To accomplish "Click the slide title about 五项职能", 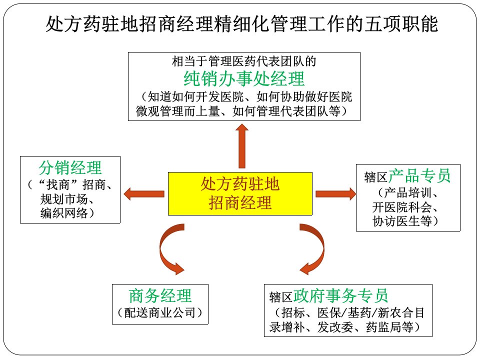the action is pos(242,24).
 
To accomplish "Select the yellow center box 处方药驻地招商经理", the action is pos(240,194).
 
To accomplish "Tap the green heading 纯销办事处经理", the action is pos(244,78).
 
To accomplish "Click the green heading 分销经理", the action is pos(70,168).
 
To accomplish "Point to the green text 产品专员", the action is pos(419,175).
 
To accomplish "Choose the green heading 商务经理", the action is pos(160,295).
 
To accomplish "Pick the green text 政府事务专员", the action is pos(340,295).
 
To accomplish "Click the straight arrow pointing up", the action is pos(242,146).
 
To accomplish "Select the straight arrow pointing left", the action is pos(144,194).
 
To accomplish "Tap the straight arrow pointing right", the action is pos(336,194).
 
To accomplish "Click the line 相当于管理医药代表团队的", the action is pos(244,61).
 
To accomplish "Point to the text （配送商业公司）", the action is pos(160,312).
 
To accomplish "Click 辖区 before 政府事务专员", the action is pos(280,297).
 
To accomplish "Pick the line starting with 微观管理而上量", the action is pos(242,111).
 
